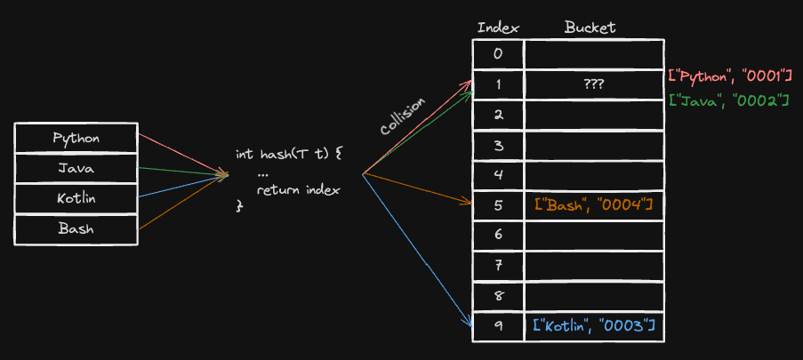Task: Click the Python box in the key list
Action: pos(76,138)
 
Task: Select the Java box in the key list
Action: pos(76,169)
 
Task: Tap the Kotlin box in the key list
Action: pos(76,199)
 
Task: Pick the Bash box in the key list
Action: pos(76,229)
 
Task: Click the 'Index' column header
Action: pos(498,28)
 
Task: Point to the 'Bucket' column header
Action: pos(590,28)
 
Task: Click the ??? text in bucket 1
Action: pos(594,84)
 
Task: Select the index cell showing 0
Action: pos(498,54)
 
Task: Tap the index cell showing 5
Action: pos(498,205)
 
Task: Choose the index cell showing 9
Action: pos(498,326)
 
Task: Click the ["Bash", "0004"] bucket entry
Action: pos(593,205)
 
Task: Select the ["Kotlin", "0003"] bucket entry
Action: pos(594,325)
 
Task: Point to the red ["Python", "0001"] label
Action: pos(730,76)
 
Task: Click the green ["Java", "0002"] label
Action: pos(728,100)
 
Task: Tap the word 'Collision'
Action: pos(403,116)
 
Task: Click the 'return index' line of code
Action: pos(299,190)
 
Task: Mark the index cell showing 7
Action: pos(498,266)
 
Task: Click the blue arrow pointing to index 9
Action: pos(417,250)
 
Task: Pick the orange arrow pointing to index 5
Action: pos(417,189)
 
